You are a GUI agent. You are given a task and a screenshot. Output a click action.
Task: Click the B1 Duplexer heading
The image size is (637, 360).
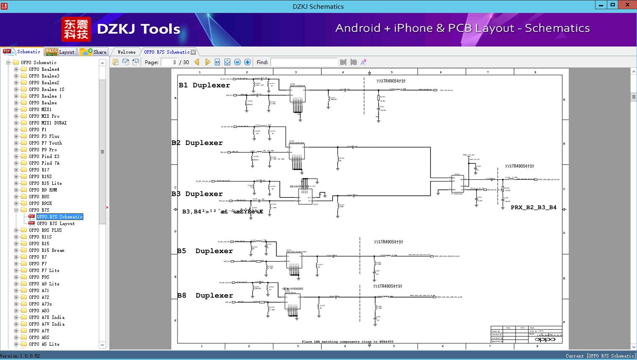[204, 85]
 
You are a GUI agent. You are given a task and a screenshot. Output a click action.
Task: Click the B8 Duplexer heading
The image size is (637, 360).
[205, 295]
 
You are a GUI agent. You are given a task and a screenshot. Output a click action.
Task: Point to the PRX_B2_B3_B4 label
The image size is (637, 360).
[534, 207]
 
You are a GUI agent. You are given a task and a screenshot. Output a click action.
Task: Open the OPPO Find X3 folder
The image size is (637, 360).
[44, 156]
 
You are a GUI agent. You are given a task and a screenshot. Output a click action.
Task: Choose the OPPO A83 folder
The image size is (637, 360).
[39, 311]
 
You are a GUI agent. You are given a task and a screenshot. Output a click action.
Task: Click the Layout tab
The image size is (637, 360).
[60, 52]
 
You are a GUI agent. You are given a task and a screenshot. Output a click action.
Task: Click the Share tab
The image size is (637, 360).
[93, 52]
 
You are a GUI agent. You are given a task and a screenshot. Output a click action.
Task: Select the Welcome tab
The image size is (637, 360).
[126, 52]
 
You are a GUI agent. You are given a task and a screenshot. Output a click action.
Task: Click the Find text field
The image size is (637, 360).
[304, 62]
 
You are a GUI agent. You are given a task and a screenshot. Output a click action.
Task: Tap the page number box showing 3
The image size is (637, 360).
[169, 62]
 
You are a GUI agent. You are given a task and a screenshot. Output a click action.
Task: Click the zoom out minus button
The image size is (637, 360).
[237, 62]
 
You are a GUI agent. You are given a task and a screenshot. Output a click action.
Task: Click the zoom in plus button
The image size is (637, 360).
[248, 62]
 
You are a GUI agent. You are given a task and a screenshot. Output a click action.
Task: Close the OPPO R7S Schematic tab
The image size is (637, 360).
[193, 52]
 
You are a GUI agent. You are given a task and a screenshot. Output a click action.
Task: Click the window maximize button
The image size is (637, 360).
[613, 5]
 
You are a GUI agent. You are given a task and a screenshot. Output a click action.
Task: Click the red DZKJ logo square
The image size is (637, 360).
[76, 29]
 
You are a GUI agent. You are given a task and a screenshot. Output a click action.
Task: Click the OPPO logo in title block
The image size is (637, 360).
[545, 339]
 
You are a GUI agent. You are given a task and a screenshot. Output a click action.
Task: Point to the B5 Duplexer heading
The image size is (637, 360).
[205, 251]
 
